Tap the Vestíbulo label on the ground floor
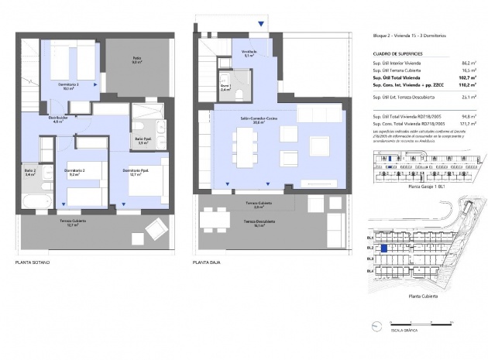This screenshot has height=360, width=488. click(249, 54)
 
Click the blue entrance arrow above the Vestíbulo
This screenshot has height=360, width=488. click(261, 24)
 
